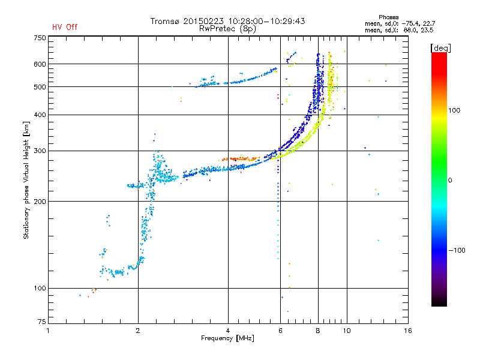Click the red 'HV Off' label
(65, 27)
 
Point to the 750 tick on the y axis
(40, 38)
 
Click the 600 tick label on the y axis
(40, 64)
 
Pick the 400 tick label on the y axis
(40, 115)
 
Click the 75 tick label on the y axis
(41, 323)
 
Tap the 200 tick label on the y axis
(40, 202)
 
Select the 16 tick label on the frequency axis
(409, 331)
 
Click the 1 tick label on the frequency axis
(49, 331)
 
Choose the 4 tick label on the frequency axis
(228, 331)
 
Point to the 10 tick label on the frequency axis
(347, 331)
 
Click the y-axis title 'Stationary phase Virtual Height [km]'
(26, 180)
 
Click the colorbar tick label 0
(452, 180)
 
